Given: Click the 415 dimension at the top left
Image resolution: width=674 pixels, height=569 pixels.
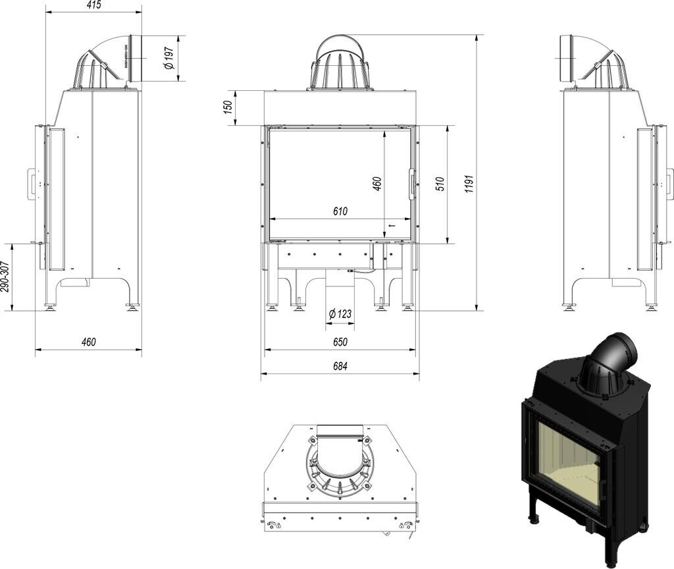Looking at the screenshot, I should click(93, 5).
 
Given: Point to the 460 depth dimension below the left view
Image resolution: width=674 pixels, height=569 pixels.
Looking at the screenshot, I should click(88, 342).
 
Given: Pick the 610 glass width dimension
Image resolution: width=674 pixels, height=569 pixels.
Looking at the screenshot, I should click(340, 211).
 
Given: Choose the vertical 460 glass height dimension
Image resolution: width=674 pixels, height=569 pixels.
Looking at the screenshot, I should click(377, 183).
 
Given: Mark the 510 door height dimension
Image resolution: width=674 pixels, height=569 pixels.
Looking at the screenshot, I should click(440, 184).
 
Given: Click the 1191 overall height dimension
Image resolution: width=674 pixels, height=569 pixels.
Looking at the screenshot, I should click(469, 184).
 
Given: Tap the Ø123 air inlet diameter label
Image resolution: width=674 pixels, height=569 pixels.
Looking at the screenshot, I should click(340, 313).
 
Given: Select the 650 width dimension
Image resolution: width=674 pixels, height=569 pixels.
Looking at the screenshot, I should click(340, 342).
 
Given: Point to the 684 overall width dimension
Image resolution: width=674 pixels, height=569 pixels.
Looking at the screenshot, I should click(340, 366).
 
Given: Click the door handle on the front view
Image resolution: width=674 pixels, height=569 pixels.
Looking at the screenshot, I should click(412, 183).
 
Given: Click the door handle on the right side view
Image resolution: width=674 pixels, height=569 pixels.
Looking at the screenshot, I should click(669, 182).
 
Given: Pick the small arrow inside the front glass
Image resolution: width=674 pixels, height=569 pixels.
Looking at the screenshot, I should click(392, 226).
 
